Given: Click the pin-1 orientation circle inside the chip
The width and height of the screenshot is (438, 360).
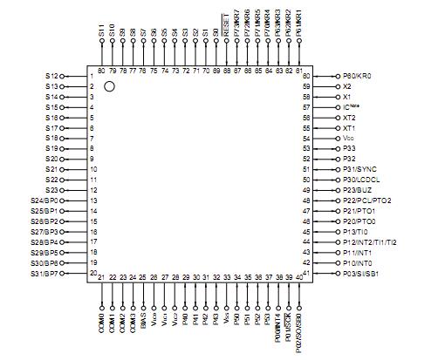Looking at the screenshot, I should [109, 86].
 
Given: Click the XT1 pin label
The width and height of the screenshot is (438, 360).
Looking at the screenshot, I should [350, 128].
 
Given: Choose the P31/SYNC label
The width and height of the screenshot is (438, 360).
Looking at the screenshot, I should [359, 169].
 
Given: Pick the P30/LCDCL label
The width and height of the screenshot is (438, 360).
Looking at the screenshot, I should [362, 180].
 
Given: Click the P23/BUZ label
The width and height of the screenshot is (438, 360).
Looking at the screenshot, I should [358, 190].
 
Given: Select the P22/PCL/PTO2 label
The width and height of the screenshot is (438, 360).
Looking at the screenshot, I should [368, 200].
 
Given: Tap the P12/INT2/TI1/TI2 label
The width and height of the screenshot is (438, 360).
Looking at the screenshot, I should [372, 241].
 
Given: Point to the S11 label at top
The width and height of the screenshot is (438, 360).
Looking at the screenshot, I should [101, 35].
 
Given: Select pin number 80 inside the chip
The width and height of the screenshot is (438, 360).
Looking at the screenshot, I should [101, 69].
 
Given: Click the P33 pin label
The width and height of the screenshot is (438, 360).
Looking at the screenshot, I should [349, 149].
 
